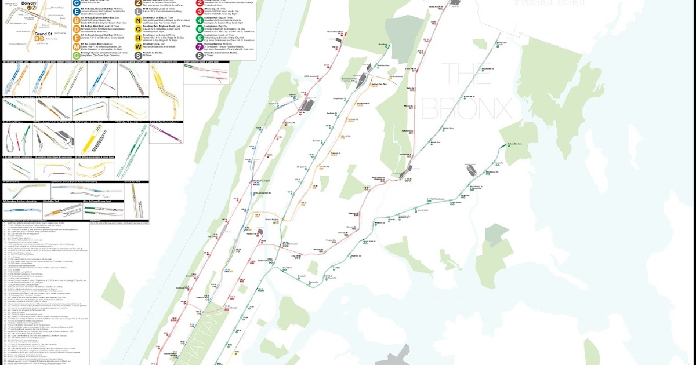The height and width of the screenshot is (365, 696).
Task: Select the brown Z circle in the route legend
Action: [137, 3]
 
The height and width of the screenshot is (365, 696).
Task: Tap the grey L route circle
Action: [137, 11]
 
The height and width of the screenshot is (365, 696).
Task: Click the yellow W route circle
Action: [137, 46]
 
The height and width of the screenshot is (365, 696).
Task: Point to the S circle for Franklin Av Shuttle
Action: [137, 55]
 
